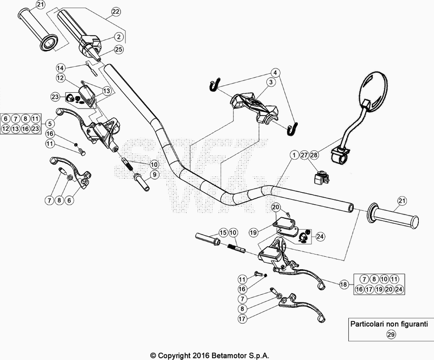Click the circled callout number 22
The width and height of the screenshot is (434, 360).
click(x=116, y=11)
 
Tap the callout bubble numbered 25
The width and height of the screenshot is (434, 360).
click(x=118, y=49)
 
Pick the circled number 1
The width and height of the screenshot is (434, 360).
click(x=293, y=155)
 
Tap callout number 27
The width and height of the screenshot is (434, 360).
click(x=304, y=155)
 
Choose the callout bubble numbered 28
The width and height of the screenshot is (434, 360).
click(x=314, y=155)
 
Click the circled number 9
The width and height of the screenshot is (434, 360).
click(x=155, y=175)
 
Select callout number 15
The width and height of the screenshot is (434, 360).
click(x=223, y=233)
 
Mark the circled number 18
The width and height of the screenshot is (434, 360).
click(x=343, y=284)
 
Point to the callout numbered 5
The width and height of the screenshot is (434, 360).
click(x=50, y=123)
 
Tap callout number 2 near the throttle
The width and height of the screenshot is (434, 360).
click(x=118, y=37)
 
